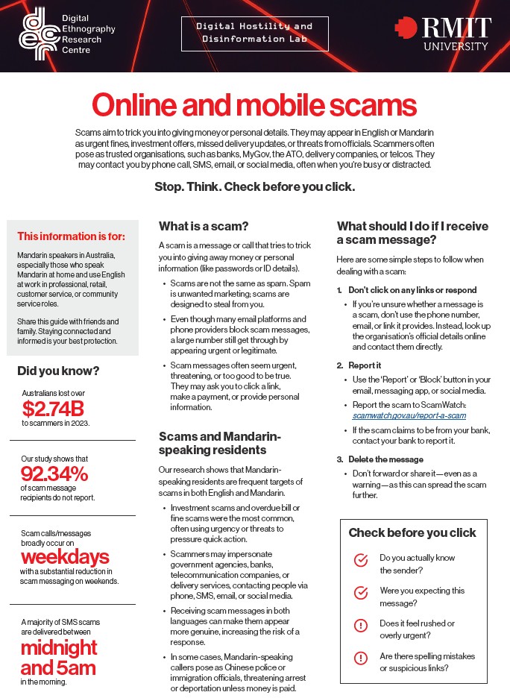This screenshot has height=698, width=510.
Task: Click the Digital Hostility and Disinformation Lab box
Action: click(x=254, y=34)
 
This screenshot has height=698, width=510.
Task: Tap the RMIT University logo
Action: click(x=443, y=34)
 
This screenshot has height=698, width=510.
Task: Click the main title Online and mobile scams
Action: click(x=255, y=105)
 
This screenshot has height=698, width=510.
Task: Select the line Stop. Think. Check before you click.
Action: click(x=255, y=186)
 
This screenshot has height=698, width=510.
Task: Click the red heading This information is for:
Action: click(x=72, y=236)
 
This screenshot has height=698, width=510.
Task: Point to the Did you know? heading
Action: click(x=58, y=371)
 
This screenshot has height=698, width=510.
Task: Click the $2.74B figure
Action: click(x=54, y=408)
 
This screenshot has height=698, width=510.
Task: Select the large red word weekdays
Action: click(x=65, y=556)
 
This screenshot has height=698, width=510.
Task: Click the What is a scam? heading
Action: click(x=203, y=226)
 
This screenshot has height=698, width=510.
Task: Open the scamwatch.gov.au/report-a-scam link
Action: click(x=410, y=415)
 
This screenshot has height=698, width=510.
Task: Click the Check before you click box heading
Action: click(x=412, y=532)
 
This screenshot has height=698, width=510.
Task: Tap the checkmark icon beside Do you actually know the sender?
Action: click(x=361, y=559)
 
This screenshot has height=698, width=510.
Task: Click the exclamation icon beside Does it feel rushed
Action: click(x=361, y=625)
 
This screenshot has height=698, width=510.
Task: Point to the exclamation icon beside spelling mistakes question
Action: click(x=361, y=658)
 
